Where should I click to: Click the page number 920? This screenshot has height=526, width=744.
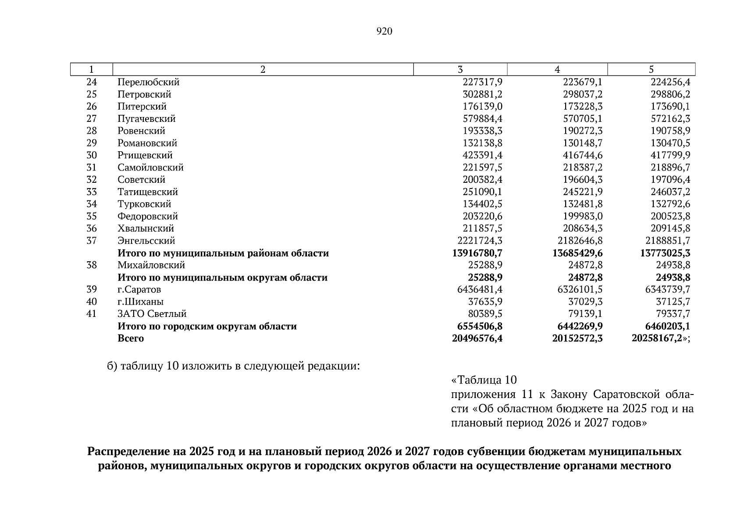tap(384, 31)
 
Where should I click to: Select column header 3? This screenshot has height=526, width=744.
tap(460, 69)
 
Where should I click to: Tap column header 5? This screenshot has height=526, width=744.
tap(651, 69)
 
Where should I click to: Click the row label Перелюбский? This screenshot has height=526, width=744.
tap(148, 82)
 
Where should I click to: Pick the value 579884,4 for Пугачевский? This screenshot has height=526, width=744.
tap(482, 119)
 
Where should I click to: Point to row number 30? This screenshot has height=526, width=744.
tap(91, 155)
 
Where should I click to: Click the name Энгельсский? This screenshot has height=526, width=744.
tap(146, 241)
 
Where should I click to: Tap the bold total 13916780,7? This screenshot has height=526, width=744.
tap(477, 253)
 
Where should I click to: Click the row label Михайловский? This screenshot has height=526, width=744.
tap(151, 265)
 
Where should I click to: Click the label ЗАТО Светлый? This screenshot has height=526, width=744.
tap(152, 314)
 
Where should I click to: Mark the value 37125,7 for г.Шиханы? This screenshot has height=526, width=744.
tap(674, 302)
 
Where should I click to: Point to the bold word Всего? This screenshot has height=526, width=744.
tap(130, 338)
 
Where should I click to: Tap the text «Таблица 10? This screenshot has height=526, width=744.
tap(484, 380)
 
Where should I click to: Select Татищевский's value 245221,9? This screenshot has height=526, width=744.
tap(582, 192)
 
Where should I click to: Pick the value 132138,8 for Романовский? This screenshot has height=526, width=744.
tap(482, 143)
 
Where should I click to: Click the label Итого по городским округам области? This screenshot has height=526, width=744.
tap(207, 326)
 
